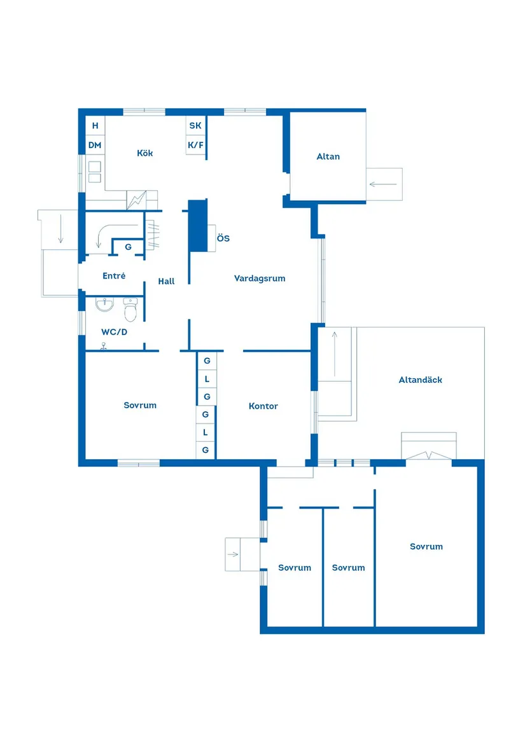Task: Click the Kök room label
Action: point(145,153)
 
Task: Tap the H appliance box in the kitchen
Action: point(95,126)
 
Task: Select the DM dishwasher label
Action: point(95,146)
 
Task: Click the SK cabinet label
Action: point(195,126)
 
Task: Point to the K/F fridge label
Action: point(195,146)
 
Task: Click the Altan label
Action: point(328,156)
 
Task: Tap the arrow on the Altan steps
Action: point(383,185)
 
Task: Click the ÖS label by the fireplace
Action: point(223,239)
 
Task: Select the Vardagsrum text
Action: point(260,278)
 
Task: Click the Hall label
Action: point(166,281)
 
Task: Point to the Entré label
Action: point(114,276)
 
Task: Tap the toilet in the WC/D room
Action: point(130,312)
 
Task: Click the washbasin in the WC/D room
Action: point(104,305)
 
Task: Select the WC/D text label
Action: point(115,332)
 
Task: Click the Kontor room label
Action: point(263,406)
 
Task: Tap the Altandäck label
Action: point(421,380)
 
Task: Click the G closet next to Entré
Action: point(128,247)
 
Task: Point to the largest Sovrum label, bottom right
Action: point(426,547)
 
